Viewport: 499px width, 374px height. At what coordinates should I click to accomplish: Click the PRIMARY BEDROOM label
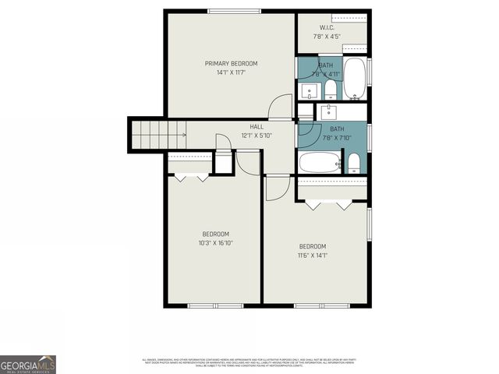231,63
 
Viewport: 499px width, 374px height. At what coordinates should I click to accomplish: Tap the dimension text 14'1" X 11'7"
231,72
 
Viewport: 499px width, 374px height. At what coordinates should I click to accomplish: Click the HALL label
257,126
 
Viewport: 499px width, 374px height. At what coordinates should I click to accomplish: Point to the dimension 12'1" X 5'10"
257,136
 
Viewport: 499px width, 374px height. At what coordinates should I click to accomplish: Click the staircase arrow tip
185,134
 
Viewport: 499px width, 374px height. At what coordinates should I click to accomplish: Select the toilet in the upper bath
330,91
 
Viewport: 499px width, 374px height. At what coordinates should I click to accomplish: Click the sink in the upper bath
309,90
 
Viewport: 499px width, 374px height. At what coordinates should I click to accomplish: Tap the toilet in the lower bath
354,162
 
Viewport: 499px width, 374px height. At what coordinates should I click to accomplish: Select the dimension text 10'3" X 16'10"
215,243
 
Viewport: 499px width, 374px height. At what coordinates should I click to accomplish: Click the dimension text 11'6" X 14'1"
312,255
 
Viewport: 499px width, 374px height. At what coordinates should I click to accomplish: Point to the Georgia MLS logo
28,364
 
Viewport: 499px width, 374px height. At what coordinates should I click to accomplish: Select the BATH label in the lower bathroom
337,129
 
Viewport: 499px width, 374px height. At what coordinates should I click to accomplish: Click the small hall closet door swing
222,141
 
